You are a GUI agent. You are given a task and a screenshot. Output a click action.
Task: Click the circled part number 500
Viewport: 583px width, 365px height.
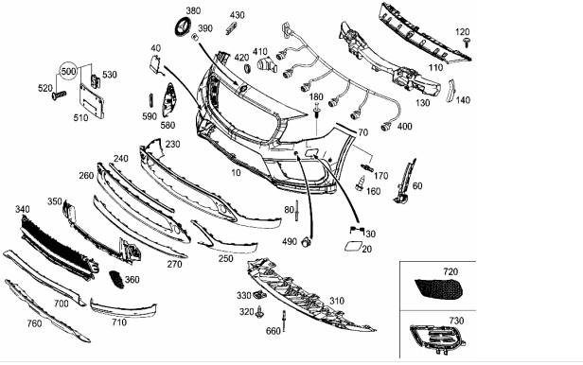68,71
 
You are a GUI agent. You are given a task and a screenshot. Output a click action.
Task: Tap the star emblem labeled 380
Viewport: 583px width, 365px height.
183,27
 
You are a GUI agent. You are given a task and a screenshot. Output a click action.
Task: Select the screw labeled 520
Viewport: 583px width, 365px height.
60,96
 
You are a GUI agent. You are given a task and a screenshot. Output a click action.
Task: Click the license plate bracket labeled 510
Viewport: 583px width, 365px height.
92,101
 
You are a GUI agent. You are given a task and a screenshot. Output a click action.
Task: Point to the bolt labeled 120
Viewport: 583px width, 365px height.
467,42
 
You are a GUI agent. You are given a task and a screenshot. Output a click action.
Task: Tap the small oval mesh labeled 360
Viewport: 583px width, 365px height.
116,279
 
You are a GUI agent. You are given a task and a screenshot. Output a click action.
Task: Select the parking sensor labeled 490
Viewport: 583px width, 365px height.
306,242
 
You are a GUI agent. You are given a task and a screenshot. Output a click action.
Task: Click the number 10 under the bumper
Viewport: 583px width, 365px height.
236,173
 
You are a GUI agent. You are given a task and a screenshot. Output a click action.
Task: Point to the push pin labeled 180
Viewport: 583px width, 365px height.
317,111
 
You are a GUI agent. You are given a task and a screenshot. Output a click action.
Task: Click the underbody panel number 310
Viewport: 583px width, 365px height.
337,301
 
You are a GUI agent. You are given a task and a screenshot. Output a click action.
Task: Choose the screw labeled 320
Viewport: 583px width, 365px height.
259,313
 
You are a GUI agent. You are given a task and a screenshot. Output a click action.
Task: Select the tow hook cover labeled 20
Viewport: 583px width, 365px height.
351,247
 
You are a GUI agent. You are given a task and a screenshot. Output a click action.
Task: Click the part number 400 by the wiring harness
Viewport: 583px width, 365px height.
404,127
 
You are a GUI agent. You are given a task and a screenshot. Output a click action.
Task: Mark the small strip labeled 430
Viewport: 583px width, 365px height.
231,27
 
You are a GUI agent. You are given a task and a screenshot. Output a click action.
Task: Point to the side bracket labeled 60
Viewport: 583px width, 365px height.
405,182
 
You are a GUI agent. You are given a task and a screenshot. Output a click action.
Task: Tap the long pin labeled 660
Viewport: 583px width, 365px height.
284,322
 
